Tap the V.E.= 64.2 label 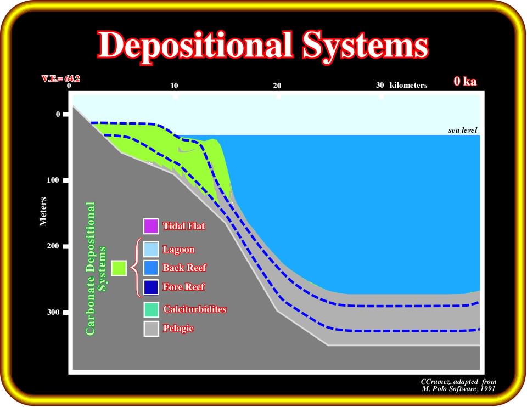61,78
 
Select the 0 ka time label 465,81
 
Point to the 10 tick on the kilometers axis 174,86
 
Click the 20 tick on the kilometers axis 277,86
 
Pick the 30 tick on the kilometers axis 380,86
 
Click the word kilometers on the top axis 408,86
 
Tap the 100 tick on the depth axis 53,180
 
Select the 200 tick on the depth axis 53,246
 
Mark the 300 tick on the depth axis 53,312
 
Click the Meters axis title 43,212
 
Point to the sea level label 462,131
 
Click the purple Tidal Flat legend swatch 151,226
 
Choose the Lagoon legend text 178,250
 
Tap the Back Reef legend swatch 151,268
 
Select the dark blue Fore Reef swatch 151,287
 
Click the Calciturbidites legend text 194,309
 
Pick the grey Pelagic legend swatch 151,329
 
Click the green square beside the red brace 119,268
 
